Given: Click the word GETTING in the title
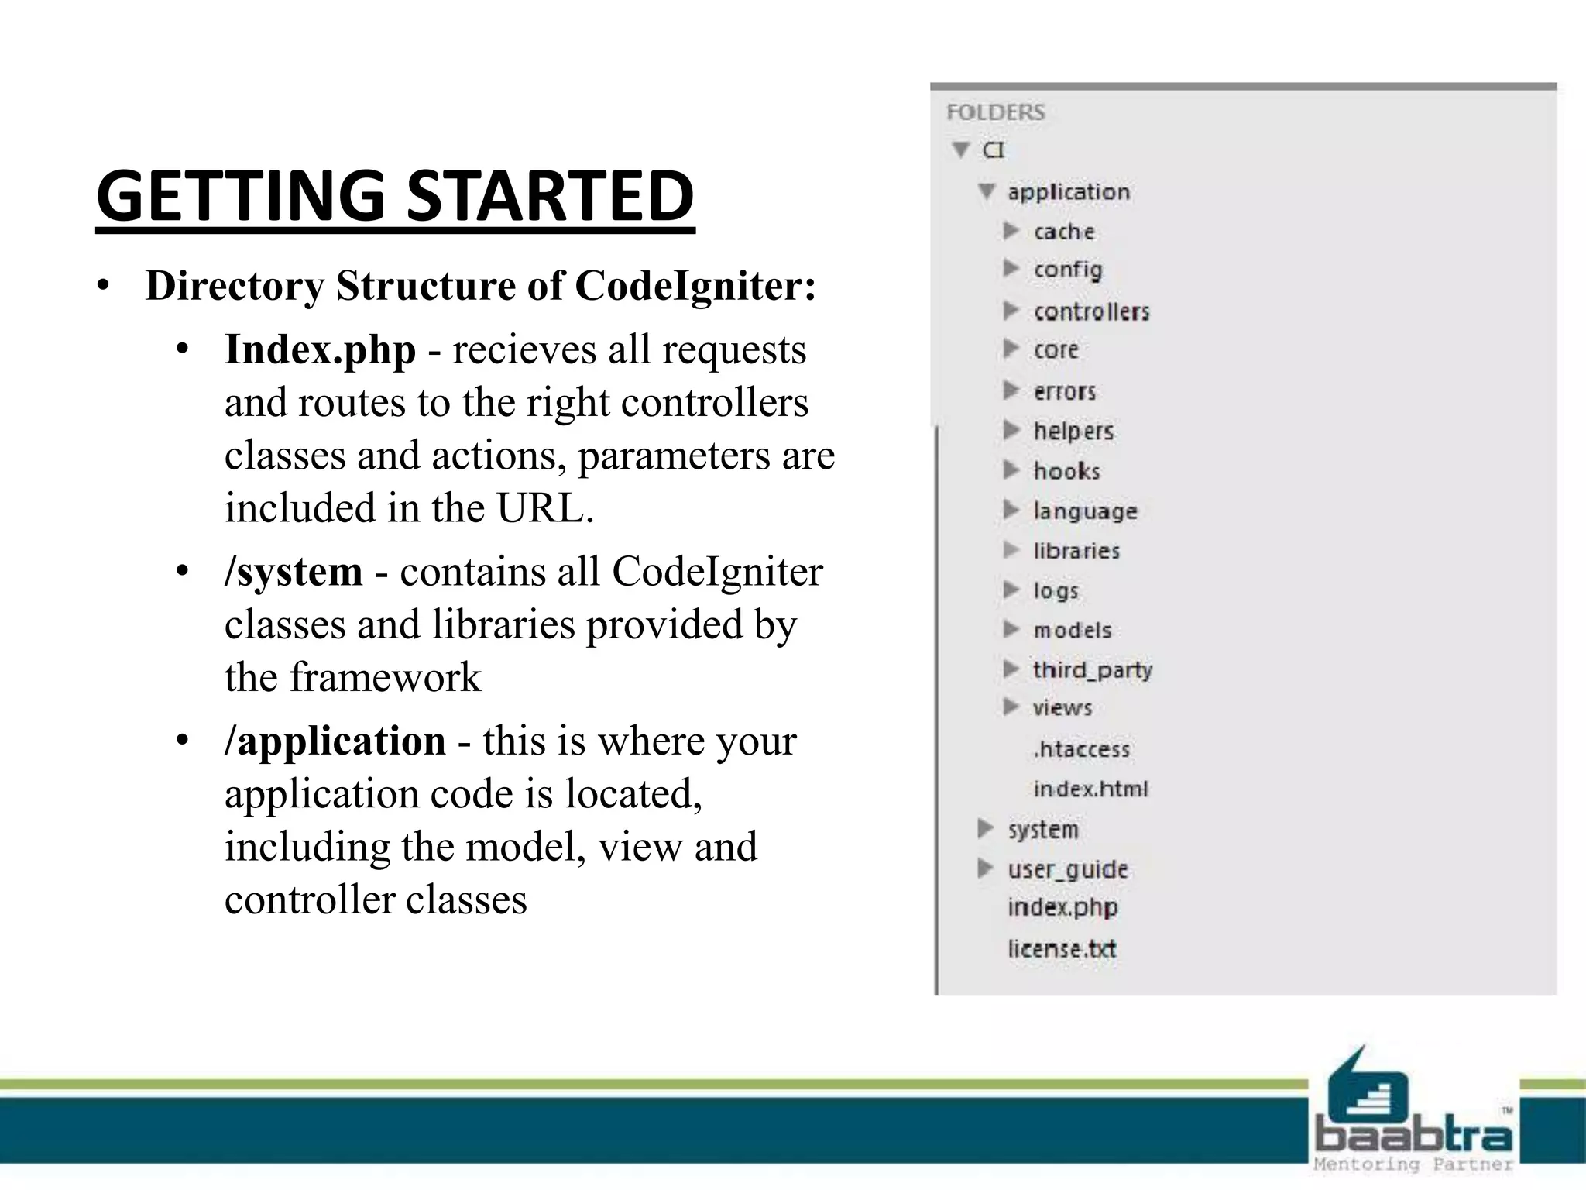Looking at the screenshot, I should [x=241, y=196].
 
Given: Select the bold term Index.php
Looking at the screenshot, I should [x=320, y=350].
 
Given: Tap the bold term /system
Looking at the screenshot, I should [x=294, y=573].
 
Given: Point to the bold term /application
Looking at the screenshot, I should [x=335, y=741].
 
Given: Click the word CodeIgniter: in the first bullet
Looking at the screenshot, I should [x=695, y=286].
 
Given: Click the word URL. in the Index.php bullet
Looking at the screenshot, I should [x=545, y=509].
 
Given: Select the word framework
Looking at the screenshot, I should [x=386, y=678].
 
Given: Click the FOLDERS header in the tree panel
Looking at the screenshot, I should [x=995, y=112].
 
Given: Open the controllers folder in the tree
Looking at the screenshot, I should [x=1091, y=311].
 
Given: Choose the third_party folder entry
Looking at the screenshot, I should [x=1092, y=669].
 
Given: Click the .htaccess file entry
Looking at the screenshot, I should [x=1081, y=749].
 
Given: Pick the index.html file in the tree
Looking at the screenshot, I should [x=1090, y=789].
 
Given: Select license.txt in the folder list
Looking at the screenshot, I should [x=1061, y=948].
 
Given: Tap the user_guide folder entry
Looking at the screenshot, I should [x=1067, y=869].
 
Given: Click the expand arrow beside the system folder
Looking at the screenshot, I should [x=985, y=829].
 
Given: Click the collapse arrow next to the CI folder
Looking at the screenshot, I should [x=961, y=150].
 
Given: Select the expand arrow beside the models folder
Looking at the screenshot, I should [x=1011, y=629].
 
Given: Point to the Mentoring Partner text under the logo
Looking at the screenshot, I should [x=1413, y=1164].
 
